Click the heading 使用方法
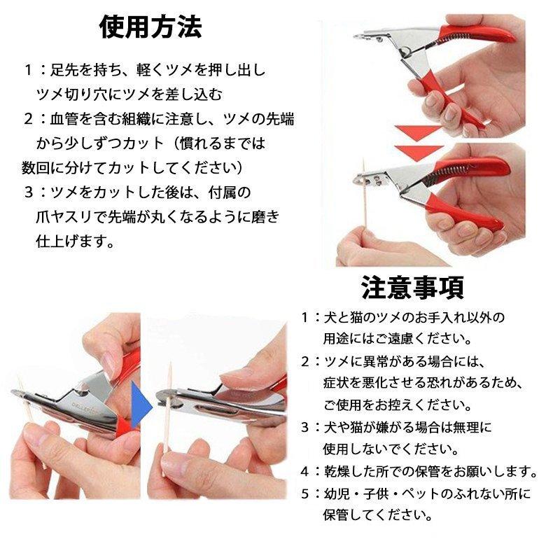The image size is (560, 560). click(150, 28)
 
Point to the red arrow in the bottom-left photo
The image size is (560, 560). click(126, 420)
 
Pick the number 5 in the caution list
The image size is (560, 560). click(305, 493)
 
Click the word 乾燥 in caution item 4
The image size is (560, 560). click(337, 470)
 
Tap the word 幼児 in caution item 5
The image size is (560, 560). click(337, 493)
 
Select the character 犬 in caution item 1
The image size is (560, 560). click(330, 317)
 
